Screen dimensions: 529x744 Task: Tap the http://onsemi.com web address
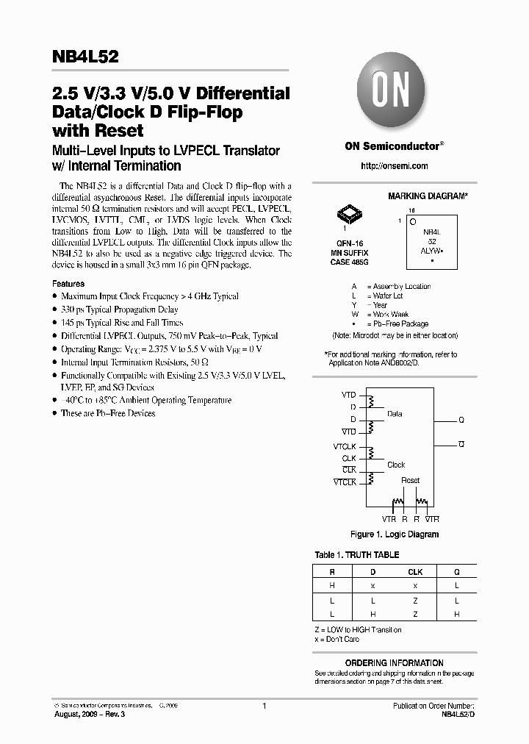395,166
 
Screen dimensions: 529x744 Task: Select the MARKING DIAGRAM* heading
428,197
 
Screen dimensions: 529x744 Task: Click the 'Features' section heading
68,284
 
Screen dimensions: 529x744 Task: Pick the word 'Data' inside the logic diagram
395,414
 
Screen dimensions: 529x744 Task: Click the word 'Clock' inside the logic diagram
396,465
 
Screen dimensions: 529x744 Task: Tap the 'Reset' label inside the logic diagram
410,481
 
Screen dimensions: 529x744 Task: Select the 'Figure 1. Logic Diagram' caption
395,534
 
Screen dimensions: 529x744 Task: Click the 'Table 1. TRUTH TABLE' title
357,555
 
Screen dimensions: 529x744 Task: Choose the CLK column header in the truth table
415,572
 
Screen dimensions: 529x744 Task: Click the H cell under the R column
332,585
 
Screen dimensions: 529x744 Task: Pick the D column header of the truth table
373,572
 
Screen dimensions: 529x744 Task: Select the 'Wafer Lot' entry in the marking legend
388,296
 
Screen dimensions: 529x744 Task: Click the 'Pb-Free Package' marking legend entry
400,323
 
